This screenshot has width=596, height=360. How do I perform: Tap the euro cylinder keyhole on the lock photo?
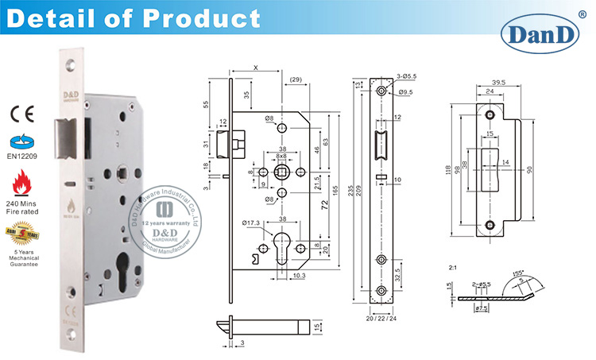121,262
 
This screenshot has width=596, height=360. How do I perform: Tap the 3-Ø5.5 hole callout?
406,76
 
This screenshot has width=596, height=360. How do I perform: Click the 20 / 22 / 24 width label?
385,319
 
